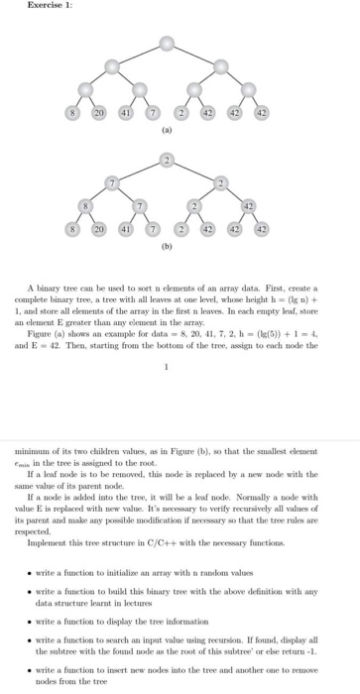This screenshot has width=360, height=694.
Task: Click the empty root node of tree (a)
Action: coord(169,44)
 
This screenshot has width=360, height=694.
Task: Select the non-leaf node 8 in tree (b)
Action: coord(86,206)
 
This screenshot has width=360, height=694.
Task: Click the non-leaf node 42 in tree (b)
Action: coord(250,206)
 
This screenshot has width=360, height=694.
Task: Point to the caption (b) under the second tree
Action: coord(168,244)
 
